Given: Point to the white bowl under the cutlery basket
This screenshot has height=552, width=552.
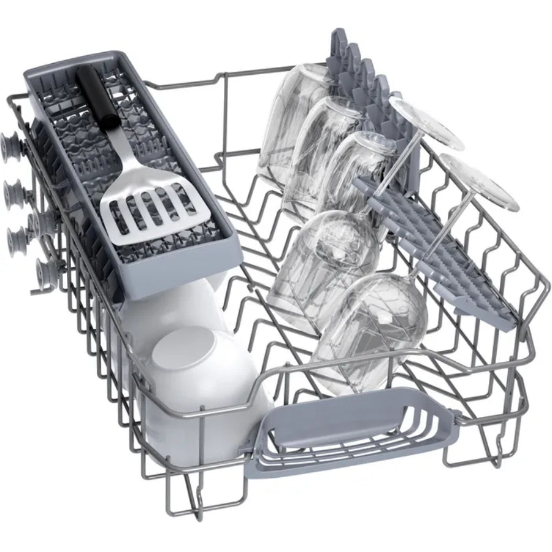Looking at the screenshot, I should point(166,307).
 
